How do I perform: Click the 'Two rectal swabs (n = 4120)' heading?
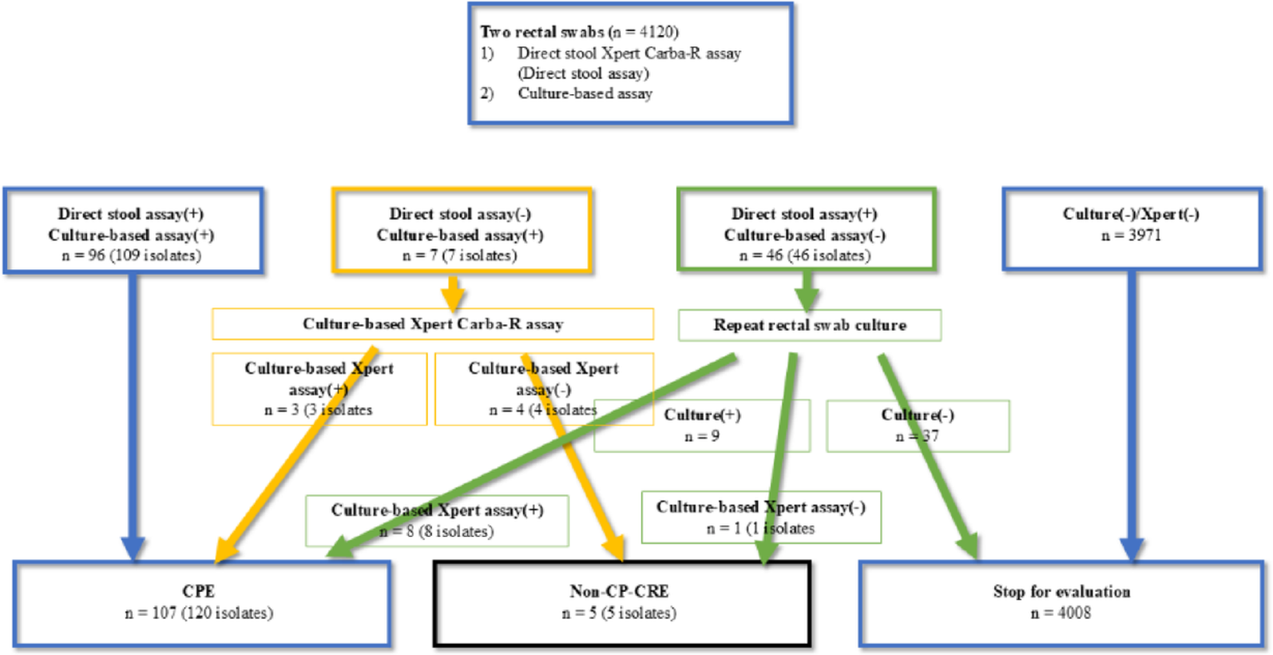[x=579, y=32]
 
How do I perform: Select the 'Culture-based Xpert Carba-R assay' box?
[x=432, y=324]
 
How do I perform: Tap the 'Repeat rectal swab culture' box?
[x=809, y=326]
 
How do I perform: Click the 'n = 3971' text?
[x=1131, y=236]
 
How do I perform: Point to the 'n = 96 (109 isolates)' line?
[x=131, y=256]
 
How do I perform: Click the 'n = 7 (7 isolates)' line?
[x=459, y=256]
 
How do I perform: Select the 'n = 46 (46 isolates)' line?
[x=804, y=256]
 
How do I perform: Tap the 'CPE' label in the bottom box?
[x=198, y=591]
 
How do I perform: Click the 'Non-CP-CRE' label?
[x=619, y=591]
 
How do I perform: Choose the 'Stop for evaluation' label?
[x=1061, y=592]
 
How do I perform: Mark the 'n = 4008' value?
[x=1061, y=613]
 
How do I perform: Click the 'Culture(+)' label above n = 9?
[x=702, y=415]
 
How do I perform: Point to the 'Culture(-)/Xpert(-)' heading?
[x=1131, y=214]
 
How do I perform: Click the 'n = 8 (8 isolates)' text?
[x=437, y=531]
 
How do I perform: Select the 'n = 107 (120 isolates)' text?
[x=198, y=613]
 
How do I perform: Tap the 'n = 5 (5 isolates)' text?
[x=619, y=613]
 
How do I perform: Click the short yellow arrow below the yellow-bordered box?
[x=453, y=292]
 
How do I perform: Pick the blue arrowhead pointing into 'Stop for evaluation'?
[x=1131, y=548]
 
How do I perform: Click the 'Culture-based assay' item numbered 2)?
[x=585, y=93]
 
